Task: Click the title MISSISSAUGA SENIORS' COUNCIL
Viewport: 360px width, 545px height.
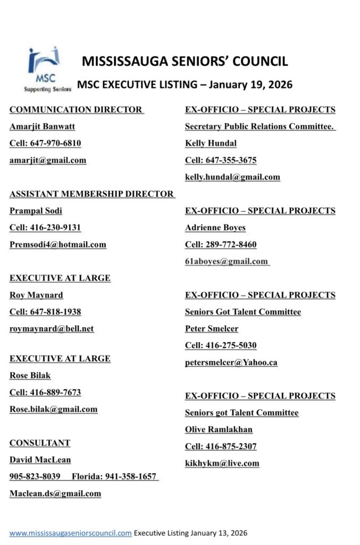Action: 185,61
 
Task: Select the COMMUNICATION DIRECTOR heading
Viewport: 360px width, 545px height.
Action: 76,110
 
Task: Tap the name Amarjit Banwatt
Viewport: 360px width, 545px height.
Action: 42,127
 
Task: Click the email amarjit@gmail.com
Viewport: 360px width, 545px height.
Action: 48,160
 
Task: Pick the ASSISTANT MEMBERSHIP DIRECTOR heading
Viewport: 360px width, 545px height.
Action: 91,194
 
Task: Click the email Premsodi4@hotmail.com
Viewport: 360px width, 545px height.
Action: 57,245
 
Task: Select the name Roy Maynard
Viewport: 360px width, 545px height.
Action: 36,295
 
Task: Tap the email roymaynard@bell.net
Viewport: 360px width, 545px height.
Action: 52,329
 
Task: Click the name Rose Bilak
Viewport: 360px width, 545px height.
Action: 30,376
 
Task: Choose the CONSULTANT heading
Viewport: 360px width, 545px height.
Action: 40,443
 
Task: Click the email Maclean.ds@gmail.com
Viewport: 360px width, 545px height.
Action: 55,493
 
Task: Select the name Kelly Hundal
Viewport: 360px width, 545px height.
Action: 211,144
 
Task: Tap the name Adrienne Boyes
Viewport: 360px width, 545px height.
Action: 215,228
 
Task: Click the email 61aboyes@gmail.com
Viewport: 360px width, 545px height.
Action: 227,261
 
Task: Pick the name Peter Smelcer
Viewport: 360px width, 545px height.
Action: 212,329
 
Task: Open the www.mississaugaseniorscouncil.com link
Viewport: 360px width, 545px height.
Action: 70,533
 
